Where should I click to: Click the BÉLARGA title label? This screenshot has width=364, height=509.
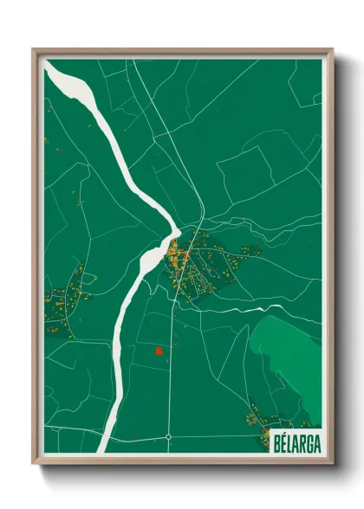pyautogui.click(x=296, y=441)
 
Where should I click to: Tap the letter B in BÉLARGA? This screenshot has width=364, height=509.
pyautogui.click(x=276, y=441)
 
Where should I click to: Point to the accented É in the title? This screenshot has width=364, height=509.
pyautogui.click(x=283, y=441)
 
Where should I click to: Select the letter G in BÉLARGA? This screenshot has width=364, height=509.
pyautogui.click(x=309, y=441)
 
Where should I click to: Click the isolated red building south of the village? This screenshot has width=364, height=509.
pyautogui.click(x=159, y=351)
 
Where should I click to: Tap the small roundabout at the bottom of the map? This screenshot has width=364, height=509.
pyautogui.click(x=168, y=437)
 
